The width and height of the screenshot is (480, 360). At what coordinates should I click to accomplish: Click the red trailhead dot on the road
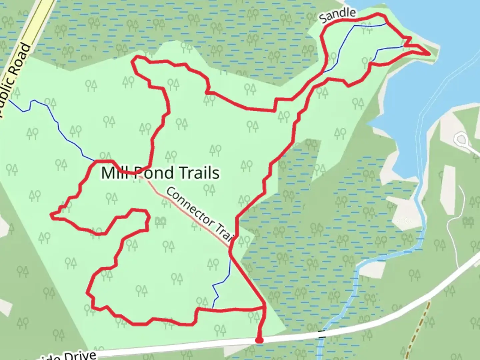(x=259, y=340)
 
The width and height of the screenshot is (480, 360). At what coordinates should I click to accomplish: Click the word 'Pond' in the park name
(x=153, y=173)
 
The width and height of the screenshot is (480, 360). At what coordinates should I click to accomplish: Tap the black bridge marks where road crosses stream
(x=322, y=334)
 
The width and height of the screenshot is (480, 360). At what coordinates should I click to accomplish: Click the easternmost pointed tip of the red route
(x=429, y=53)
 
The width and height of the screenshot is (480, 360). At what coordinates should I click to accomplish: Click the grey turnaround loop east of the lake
(x=462, y=139)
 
